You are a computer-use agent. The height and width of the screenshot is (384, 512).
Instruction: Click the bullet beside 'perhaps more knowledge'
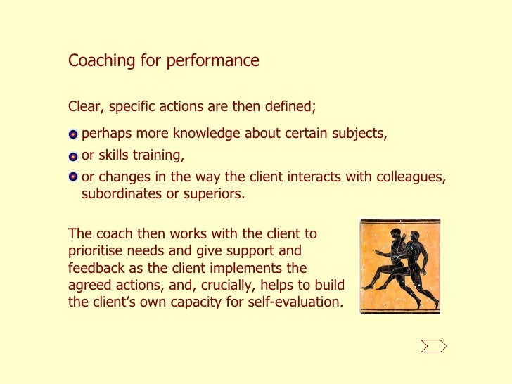click(73, 134)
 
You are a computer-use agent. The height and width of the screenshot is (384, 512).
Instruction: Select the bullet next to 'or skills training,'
click(73, 156)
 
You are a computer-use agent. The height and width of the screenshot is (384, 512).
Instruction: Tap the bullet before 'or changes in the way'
click(73, 177)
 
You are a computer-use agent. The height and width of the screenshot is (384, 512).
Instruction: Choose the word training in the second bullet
click(159, 155)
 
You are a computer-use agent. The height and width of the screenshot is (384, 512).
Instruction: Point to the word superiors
click(214, 194)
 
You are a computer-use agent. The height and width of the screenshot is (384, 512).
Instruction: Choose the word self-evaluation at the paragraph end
click(297, 303)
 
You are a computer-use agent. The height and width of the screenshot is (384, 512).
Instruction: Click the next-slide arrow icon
click(434, 345)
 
